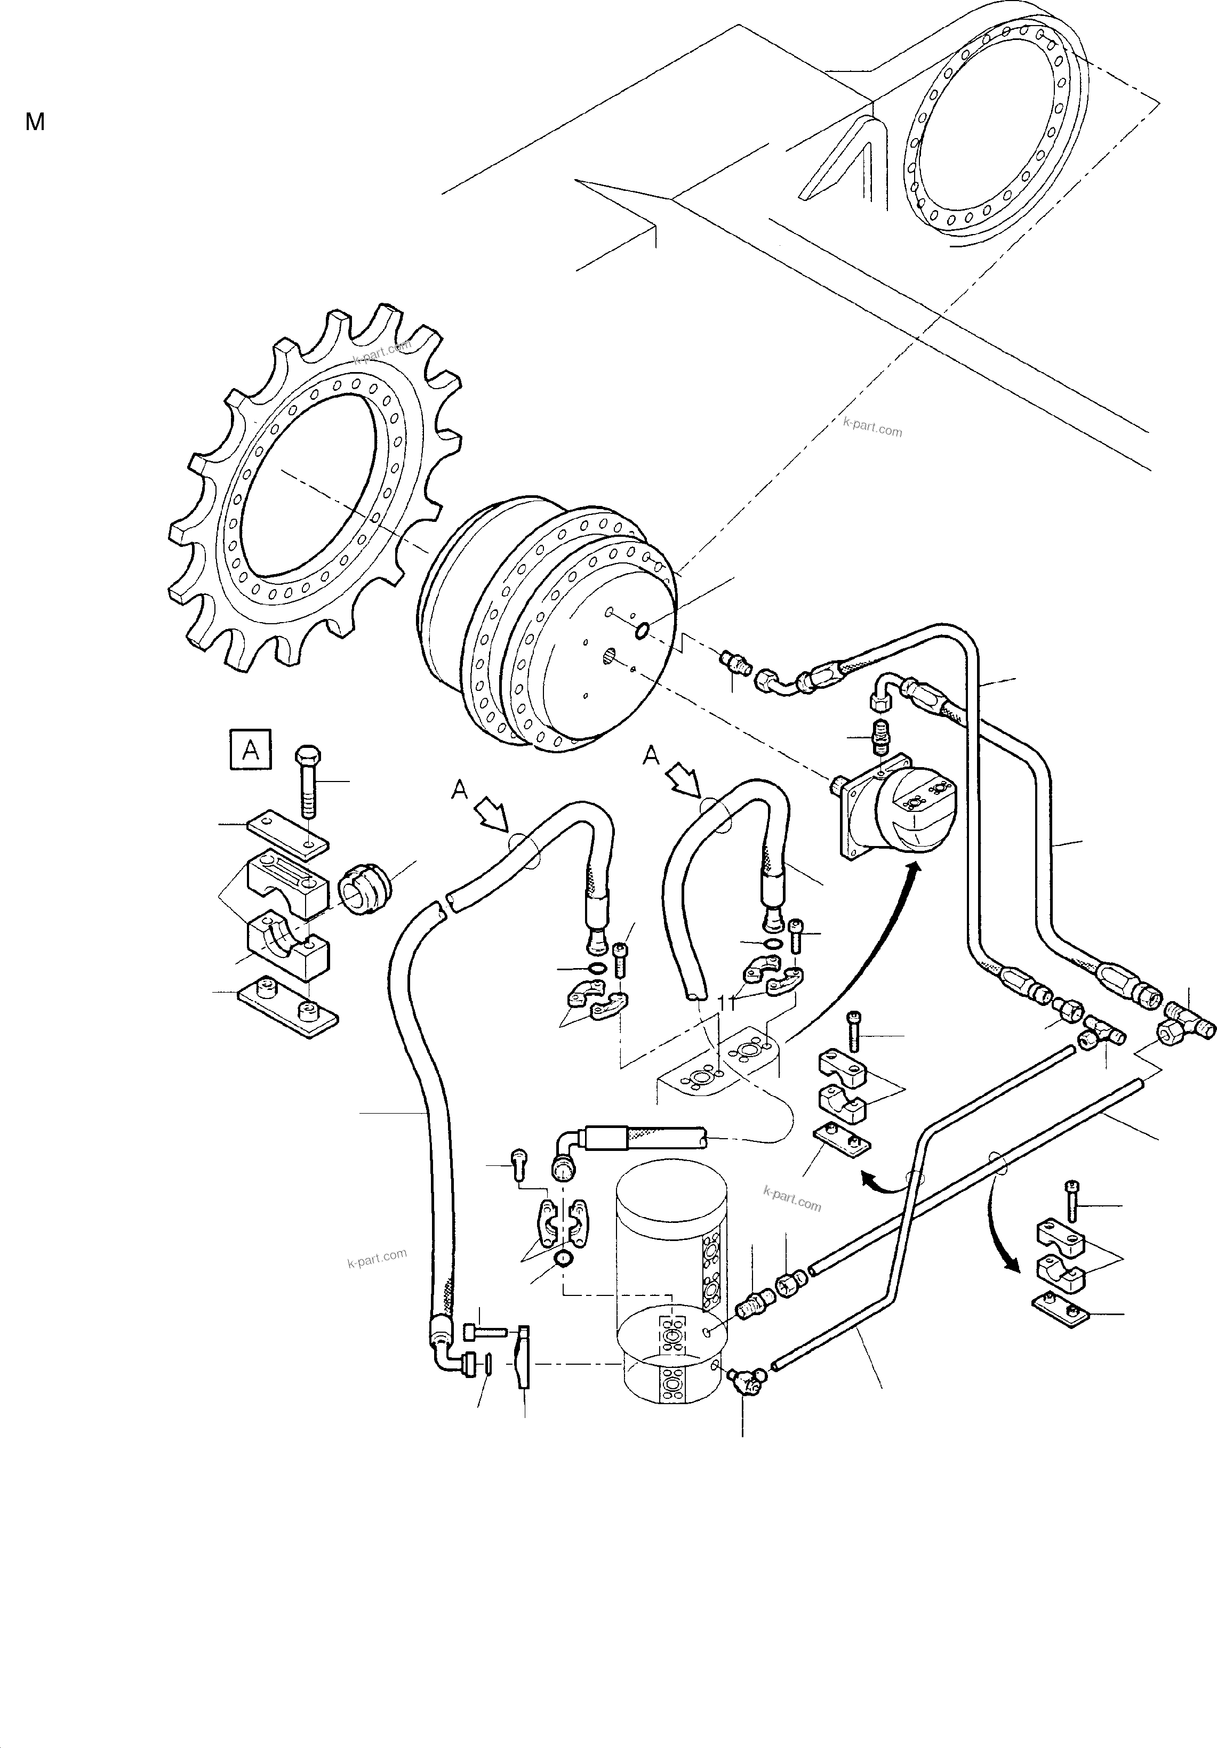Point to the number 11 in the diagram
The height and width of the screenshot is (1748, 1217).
tap(726, 1005)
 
